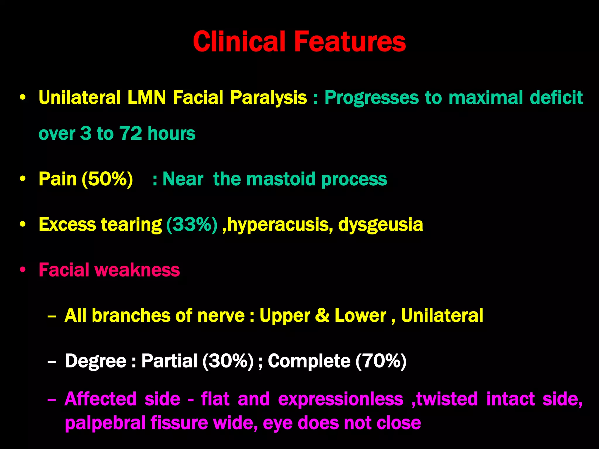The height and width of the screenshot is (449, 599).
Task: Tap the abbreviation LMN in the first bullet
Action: (147, 97)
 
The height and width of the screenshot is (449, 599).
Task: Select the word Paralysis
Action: (268, 98)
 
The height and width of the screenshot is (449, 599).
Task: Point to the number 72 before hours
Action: (130, 133)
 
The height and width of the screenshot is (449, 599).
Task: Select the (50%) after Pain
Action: (107, 179)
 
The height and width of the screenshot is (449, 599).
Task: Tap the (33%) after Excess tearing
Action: (192, 224)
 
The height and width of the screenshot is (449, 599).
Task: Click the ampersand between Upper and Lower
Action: (322, 316)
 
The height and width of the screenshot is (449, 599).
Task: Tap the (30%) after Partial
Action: (228, 361)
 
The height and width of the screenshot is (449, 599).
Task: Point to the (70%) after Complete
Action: (381, 361)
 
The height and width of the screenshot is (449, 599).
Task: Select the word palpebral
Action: (105, 423)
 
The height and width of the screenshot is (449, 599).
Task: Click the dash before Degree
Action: (51, 362)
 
